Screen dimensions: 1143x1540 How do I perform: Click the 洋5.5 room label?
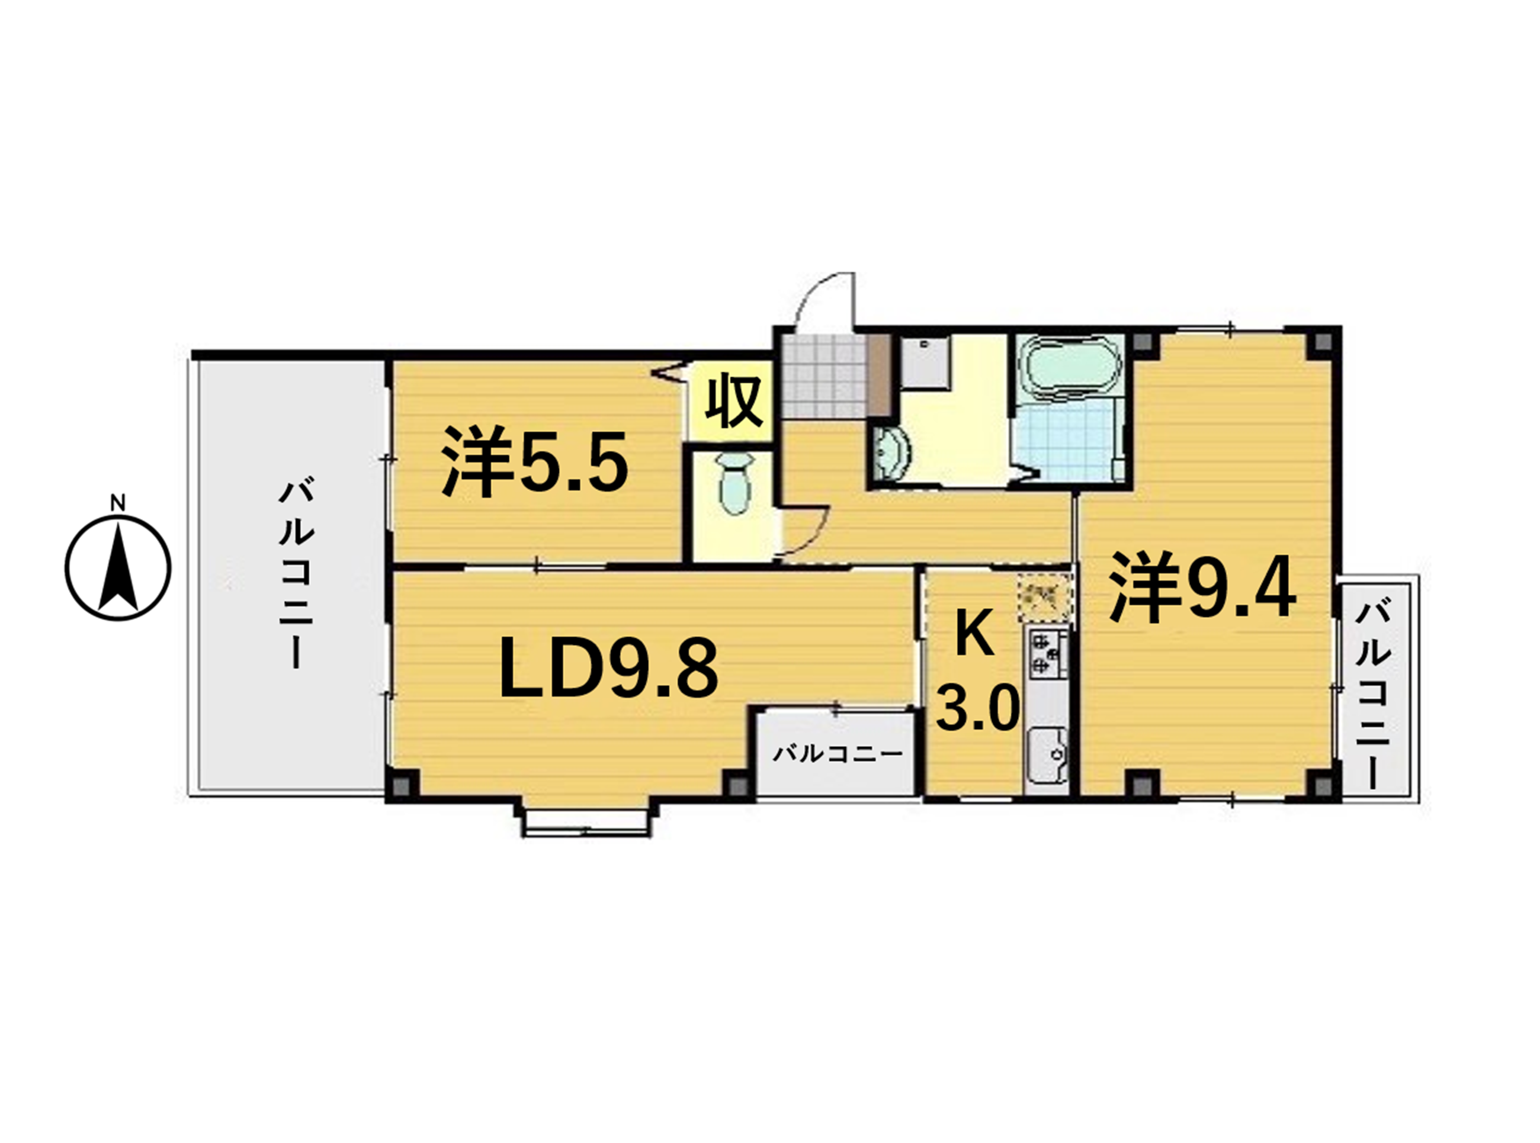535,461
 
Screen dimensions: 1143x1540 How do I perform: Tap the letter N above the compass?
118,503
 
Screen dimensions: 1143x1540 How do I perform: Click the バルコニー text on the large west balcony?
297,575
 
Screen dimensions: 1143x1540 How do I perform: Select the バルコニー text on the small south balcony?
837,753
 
